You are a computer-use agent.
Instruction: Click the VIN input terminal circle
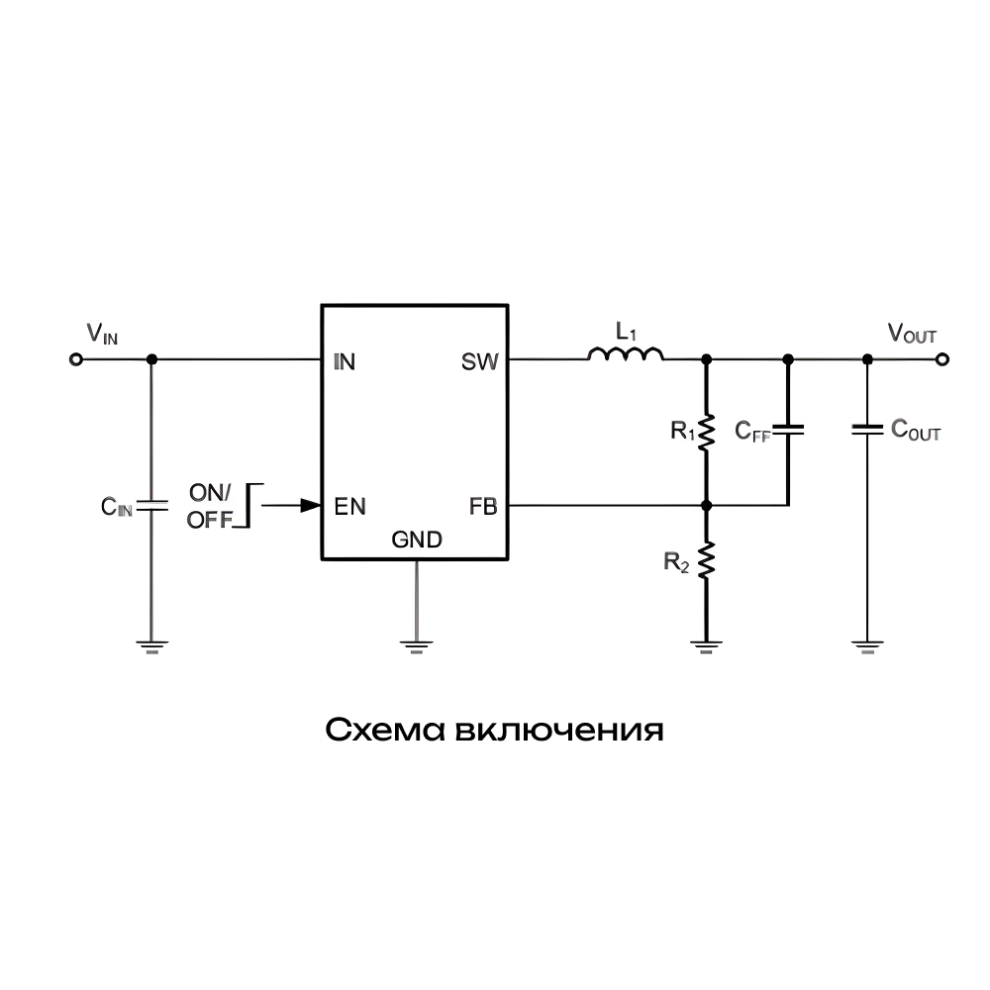pos(74,360)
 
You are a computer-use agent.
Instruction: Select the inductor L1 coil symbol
pos(626,354)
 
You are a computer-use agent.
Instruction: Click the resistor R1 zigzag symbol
pos(706,432)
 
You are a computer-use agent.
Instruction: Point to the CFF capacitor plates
pos(788,431)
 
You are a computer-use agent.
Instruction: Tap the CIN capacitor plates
pos(151,506)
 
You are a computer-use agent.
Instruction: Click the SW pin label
pos(481,361)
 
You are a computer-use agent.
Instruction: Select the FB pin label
pos(483,507)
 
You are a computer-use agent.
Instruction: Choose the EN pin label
pos(349,507)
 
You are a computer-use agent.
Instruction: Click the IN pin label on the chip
pos(345,361)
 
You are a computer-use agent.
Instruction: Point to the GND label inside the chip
pos(417,541)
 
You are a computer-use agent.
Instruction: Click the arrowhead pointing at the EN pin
pos(310,506)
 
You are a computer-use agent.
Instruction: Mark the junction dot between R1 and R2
pos(706,506)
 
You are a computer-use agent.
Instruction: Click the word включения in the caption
pos(560,731)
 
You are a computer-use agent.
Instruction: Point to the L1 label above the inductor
pos(625,331)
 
